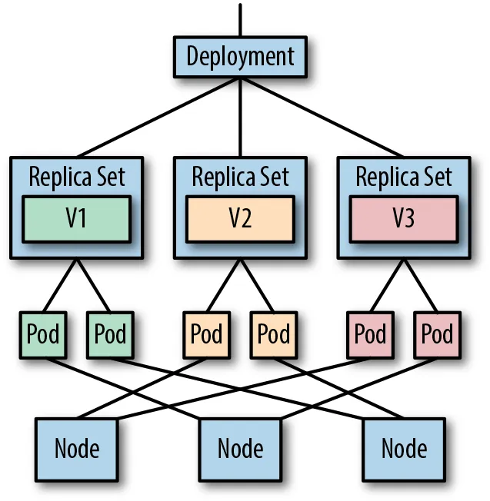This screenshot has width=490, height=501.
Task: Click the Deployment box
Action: [x=240, y=56]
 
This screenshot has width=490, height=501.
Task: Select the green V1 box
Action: [x=75, y=218]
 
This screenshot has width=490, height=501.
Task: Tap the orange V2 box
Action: [x=240, y=218]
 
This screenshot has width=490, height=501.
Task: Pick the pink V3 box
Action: [x=403, y=218]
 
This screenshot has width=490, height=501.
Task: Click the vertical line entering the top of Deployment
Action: [x=241, y=19]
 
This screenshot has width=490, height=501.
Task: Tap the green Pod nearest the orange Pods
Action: [x=110, y=334]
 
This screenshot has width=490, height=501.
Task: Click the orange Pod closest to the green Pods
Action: [x=206, y=334]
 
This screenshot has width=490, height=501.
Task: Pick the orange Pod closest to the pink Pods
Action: [x=273, y=334]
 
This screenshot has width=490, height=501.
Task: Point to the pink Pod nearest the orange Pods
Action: [x=370, y=334]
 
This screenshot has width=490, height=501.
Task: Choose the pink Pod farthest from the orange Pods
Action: [x=437, y=334]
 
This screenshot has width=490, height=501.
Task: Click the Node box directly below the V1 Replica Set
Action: [x=76, y=446]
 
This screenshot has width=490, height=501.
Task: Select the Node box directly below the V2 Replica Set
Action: [x=240, y=446]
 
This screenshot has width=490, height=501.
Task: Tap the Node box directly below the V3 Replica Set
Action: [x=404, y=446]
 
